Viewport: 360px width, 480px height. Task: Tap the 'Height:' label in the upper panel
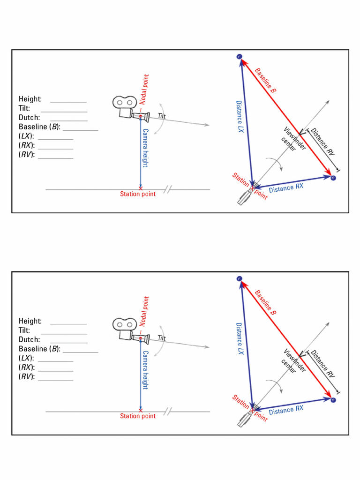[x=30, y=99]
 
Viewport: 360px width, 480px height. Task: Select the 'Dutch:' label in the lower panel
[x=29, y=339]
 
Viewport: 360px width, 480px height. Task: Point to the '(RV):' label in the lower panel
[x=27, y=377]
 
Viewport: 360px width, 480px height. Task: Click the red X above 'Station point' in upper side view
[x=141, y=187]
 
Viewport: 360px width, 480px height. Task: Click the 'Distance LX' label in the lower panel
[x=240, y=338]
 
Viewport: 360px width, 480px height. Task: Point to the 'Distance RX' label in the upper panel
[x=286, y=188]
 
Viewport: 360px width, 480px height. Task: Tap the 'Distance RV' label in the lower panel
[x=323, y=364]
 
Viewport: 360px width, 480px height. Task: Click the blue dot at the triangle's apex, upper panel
[x=240, y=57]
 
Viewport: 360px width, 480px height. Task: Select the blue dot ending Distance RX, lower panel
[x=333, y=400]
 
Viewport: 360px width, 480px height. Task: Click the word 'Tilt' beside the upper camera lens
[x=162, y=116]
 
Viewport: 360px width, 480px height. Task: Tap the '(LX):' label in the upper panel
[x=27, y=136]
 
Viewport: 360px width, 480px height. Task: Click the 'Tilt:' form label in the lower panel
[x=24, y=330]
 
